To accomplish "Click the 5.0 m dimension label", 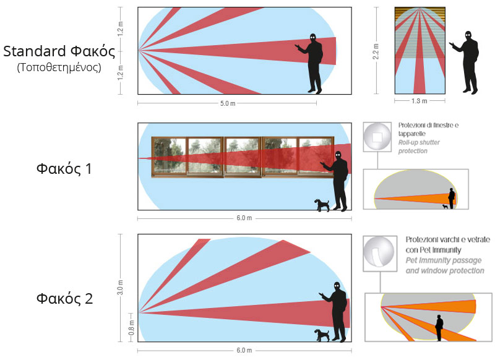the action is coord(228,103).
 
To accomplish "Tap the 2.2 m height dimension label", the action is coord(376,51).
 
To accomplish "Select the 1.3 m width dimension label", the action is coord(420,101).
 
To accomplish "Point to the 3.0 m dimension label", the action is coord(120,287).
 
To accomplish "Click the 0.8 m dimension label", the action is coord(132,327).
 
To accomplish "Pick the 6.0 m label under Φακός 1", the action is coord(244,218).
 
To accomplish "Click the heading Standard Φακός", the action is coord(59,51).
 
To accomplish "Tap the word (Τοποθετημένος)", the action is coord(59,67).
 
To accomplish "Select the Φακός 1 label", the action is coord(64,168).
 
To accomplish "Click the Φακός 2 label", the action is coord(65,299).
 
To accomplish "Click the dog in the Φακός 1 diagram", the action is coord(322,205).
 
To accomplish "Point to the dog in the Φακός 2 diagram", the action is coord(322,335).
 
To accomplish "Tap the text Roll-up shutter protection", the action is coord(419,147).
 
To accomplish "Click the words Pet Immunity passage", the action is coord(444,260).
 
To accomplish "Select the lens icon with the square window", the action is coord(377,137).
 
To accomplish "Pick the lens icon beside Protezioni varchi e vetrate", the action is coord(380,253).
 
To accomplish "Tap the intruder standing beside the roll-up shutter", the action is coord(465,62).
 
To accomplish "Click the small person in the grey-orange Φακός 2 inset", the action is coord(439,328).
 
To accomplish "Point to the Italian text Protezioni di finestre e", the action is coord(428,126).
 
